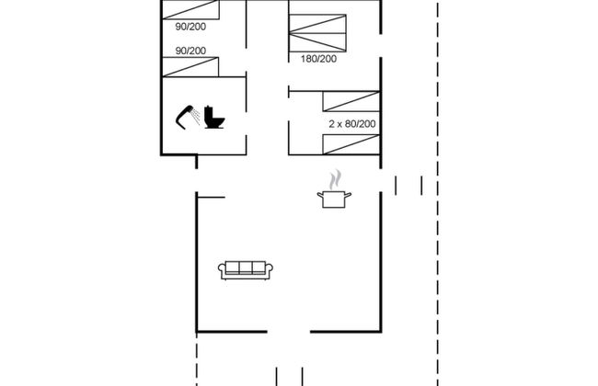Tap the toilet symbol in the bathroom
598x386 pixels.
[x=213, y=117]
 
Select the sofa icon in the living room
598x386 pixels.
[x=246, y=270]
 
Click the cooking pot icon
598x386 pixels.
[x=334, y=199]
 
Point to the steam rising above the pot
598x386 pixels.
[x=335, y=179]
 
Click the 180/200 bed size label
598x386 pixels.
[x=319, y=59]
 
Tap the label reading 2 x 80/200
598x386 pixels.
[x=352, y=124]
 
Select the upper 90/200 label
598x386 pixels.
[x=190, y=27]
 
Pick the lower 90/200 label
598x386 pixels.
[x=190, y=51]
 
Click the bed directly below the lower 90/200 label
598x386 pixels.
[x=190, y=67]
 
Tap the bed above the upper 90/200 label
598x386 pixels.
[x=190, y=9]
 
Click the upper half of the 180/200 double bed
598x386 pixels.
[x=317, y=24]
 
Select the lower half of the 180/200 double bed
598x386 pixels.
[x=317, y=42]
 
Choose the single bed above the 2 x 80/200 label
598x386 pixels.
[x=351, y=101]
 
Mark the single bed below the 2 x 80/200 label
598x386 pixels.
[x=351, y=144]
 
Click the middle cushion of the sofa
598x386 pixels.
[x=246, y=267]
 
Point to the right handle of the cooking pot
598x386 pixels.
[x=348, y=196]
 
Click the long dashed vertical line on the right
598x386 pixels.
[x=437, y=193]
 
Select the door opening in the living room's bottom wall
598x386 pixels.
[x=289, y=332]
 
